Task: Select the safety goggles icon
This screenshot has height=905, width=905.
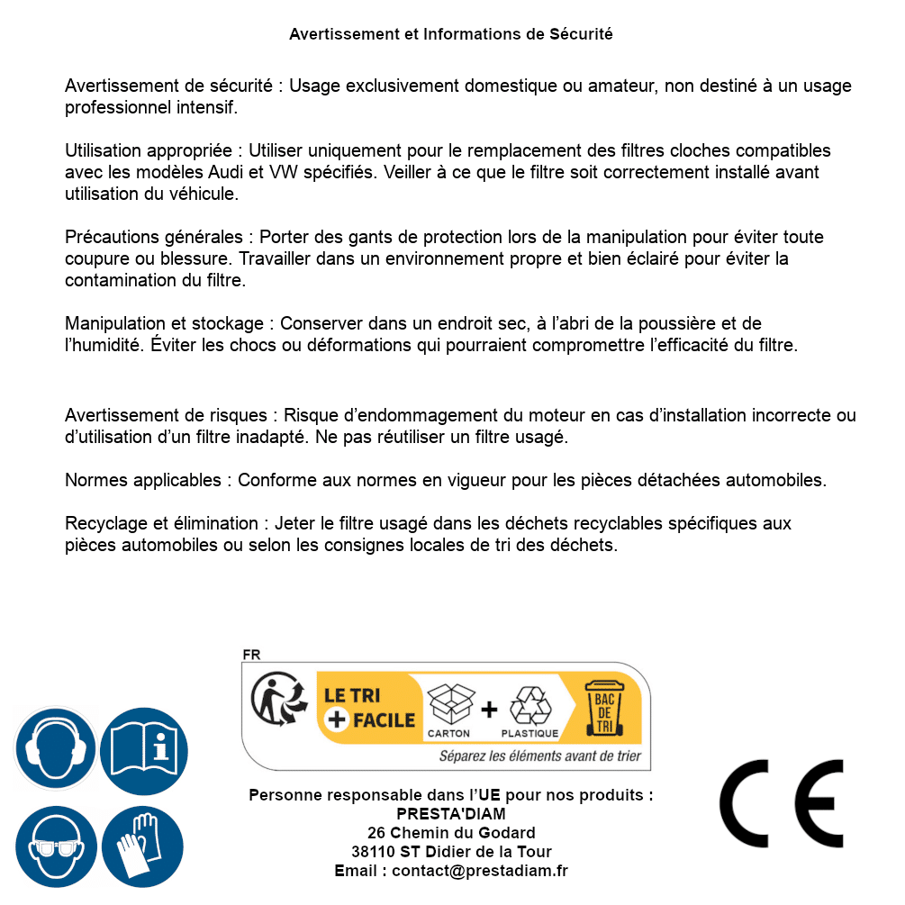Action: pos(56,847)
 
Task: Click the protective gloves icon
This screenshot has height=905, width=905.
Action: pos(142,847)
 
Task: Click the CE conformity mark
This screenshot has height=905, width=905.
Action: pos(782,804)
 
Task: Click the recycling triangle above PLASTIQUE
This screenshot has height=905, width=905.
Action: pos(529,706)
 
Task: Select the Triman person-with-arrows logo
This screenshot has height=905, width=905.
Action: pos(274,700)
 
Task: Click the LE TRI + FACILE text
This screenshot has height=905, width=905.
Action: pos(369,707)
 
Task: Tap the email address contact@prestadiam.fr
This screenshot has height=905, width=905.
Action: pos(480,871)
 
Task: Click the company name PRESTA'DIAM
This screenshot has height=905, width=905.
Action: pos(450,814)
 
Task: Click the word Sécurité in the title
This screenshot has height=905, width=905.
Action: pos(581,34)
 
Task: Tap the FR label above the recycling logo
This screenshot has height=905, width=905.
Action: pos(251,655)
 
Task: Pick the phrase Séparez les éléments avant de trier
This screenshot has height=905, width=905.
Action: pos(539,756)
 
